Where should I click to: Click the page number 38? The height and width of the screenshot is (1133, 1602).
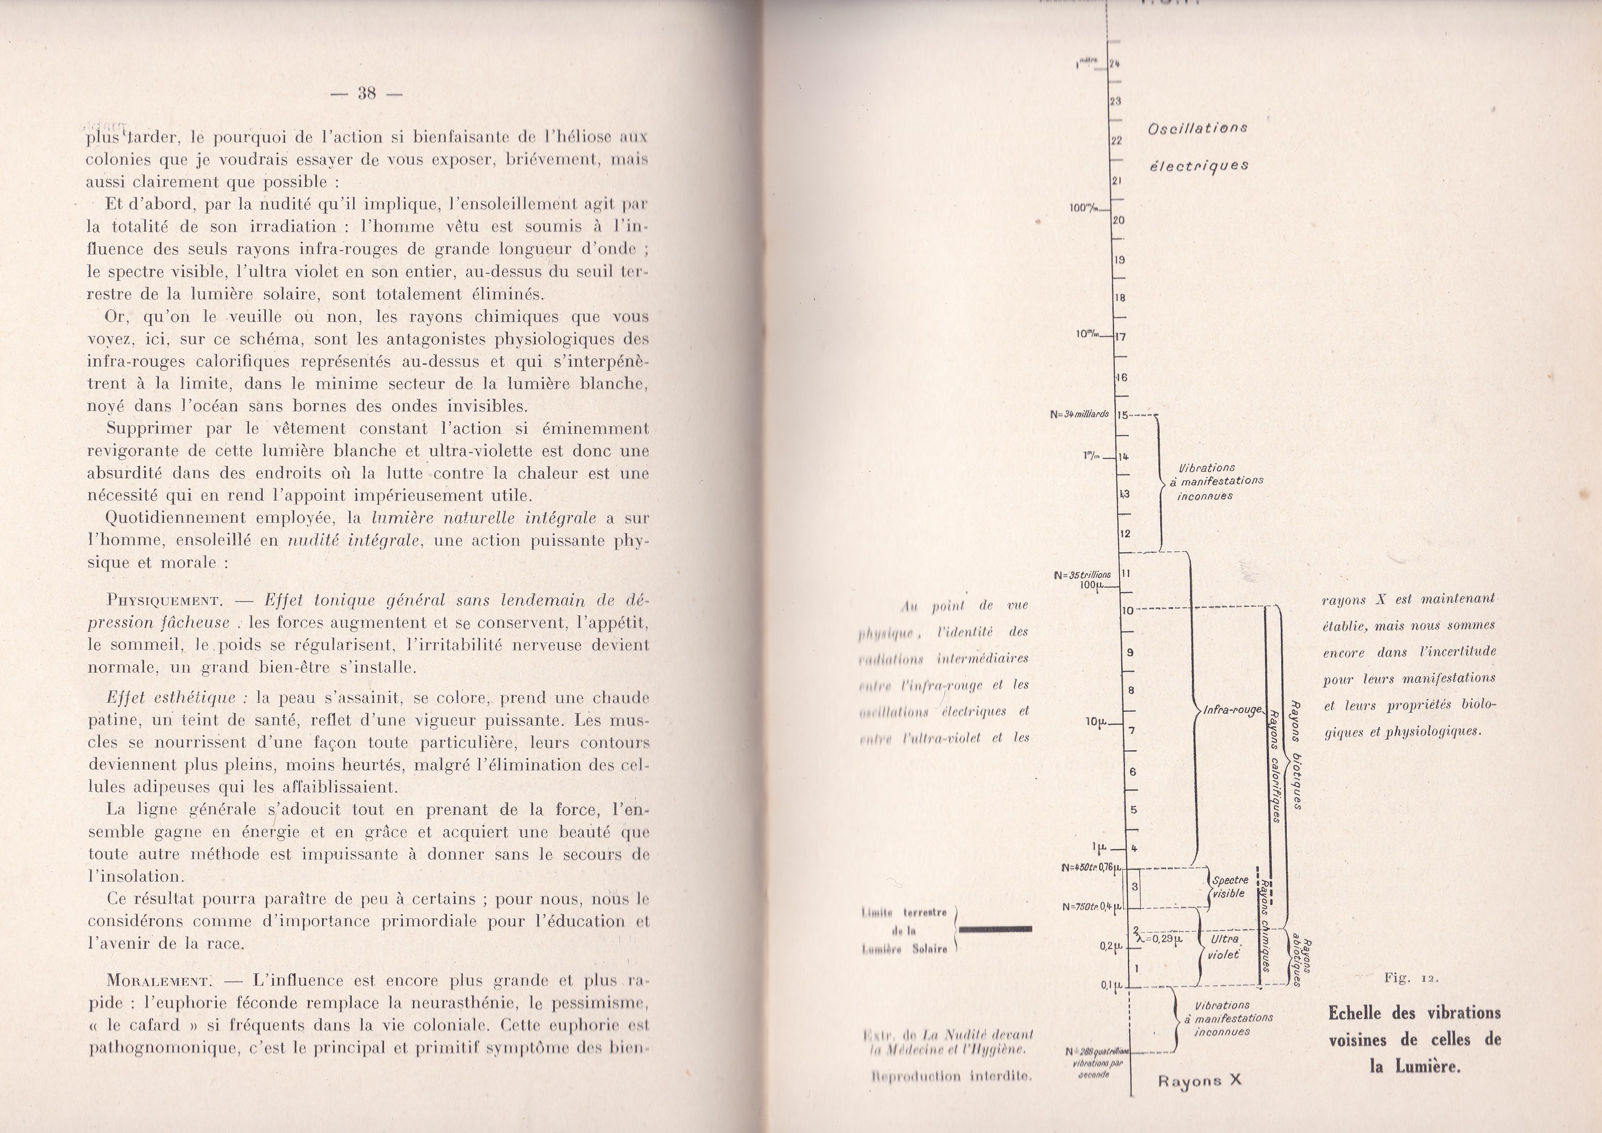point(366,93)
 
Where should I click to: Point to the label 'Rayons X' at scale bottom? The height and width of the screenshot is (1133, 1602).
point(1200,1080)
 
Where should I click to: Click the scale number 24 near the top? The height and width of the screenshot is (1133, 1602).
point(1115,64)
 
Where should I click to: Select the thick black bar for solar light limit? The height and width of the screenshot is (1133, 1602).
point(996,929)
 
